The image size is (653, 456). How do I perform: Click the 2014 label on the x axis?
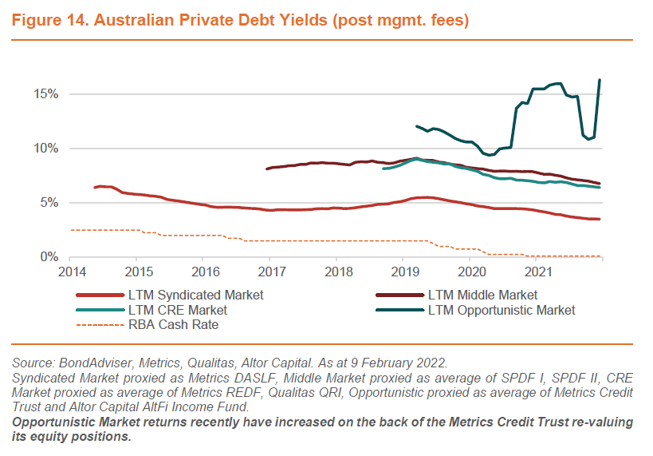pos(69,272)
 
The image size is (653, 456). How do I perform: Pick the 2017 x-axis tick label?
pos(269,272)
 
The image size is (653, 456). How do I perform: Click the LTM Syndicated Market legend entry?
pos(195,295)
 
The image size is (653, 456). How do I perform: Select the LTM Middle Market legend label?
pos(482,295)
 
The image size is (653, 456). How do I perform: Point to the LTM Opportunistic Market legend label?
pos(501,310)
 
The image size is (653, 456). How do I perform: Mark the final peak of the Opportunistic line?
pos(600,80)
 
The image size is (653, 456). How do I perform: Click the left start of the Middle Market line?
pos(267,169)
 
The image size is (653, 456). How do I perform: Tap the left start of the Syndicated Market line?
pos(95,187)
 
